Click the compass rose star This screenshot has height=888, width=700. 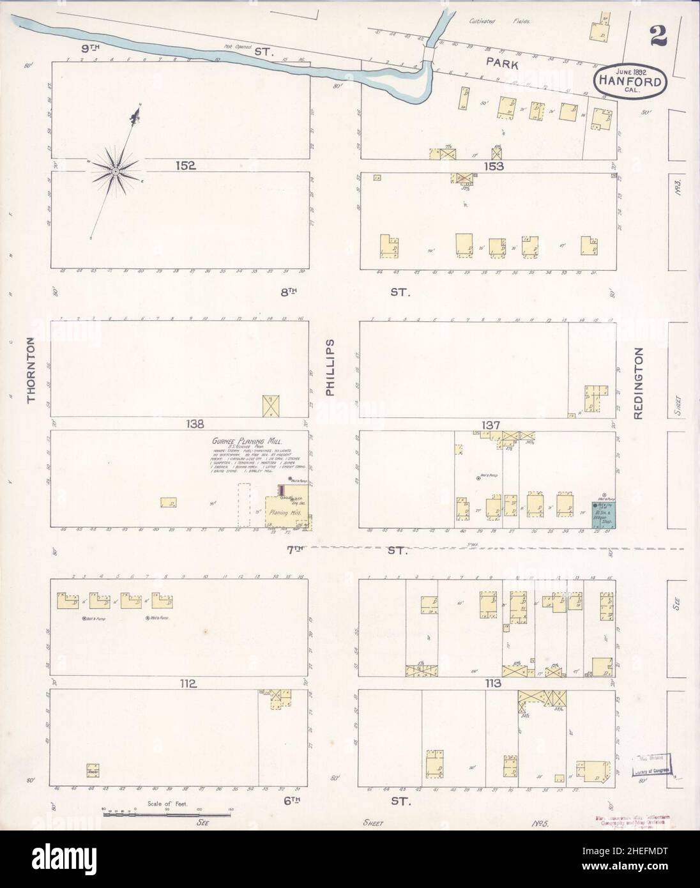[116, 171]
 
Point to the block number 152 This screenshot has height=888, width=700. [186, 165]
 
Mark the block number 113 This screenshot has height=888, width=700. [492, 684]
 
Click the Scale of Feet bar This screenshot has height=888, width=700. [167, 814]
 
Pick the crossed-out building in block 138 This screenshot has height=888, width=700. [273, 406]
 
